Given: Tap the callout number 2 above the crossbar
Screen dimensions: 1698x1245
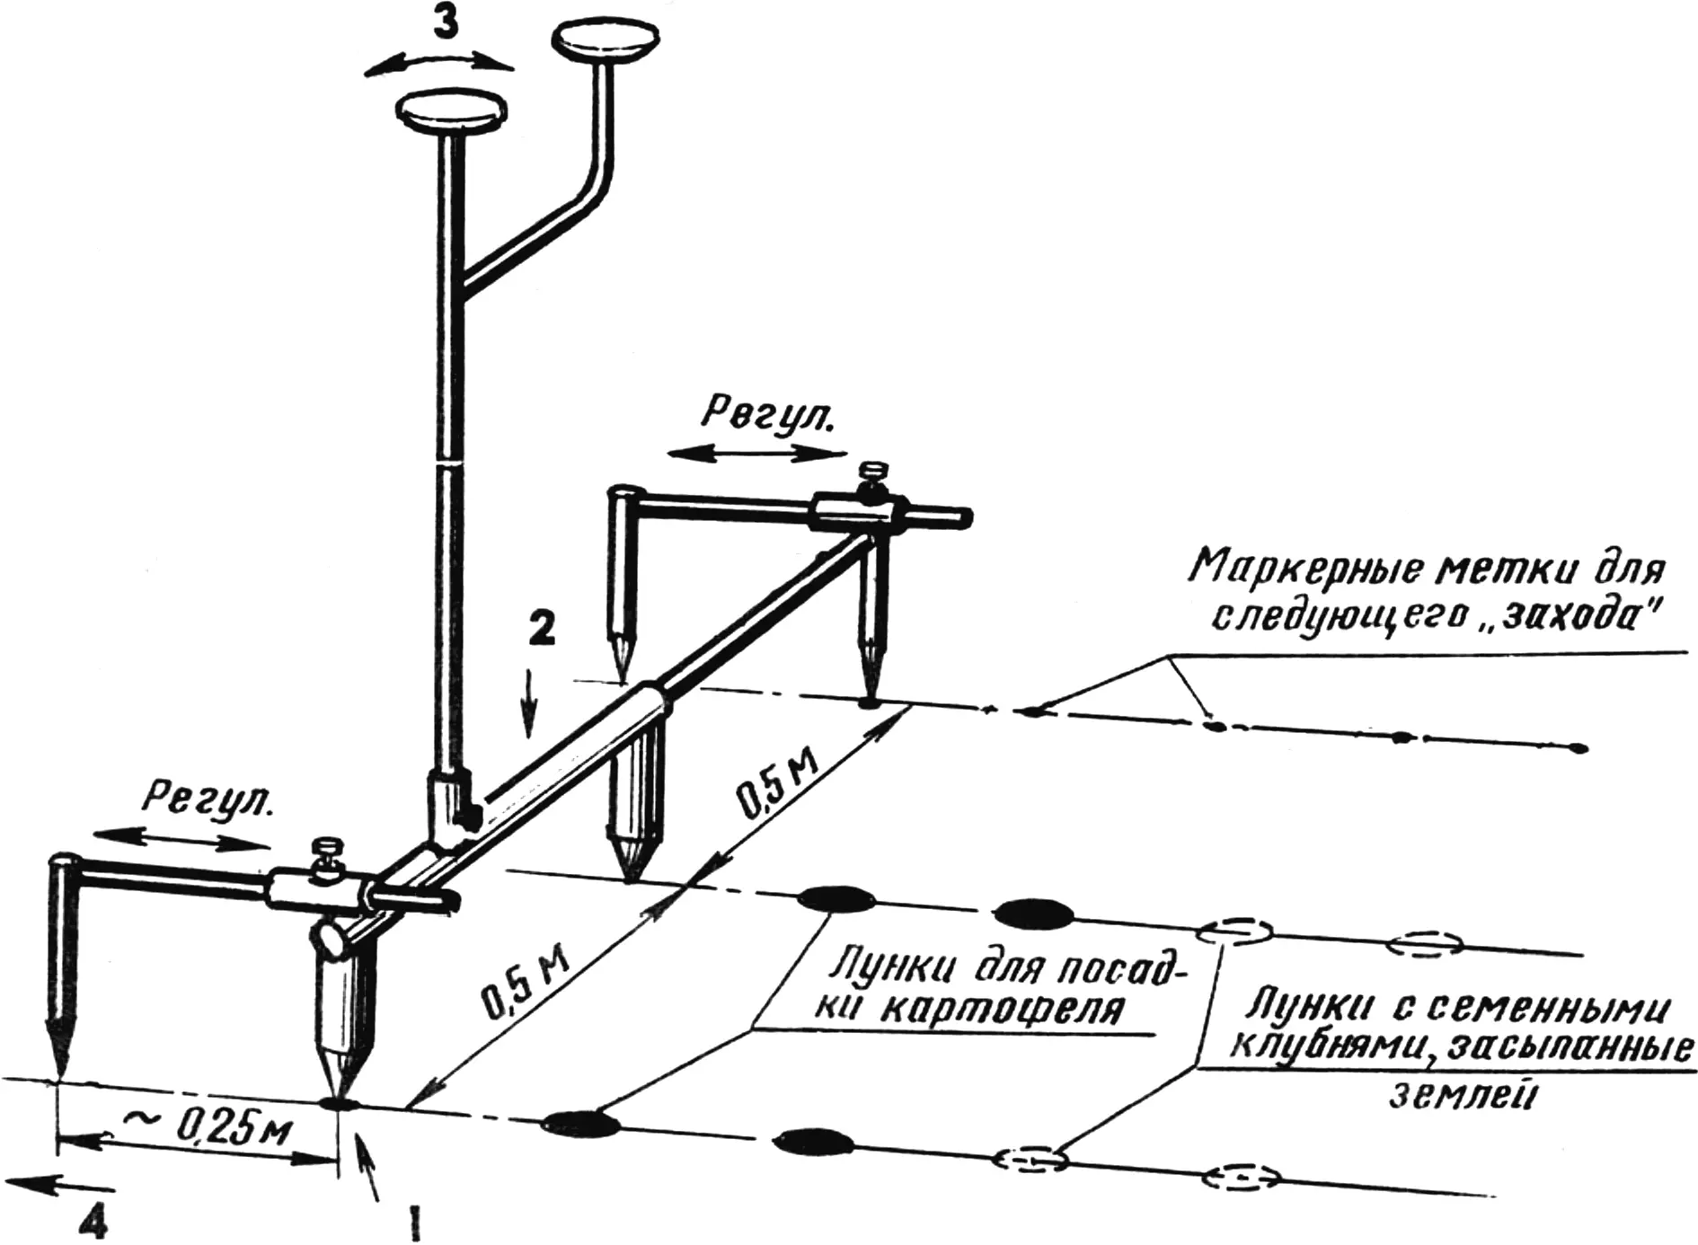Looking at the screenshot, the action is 541,631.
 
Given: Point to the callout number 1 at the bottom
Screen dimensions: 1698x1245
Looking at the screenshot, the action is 414,1223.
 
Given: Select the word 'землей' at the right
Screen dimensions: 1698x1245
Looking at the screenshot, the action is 1451,1095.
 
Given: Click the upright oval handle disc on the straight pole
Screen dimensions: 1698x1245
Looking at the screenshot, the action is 452,111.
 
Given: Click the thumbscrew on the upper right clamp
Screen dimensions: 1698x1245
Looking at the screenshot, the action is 871,476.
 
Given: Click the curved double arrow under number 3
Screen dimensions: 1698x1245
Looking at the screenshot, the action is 438,57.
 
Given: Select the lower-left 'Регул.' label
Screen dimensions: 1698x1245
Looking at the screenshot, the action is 210,799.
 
